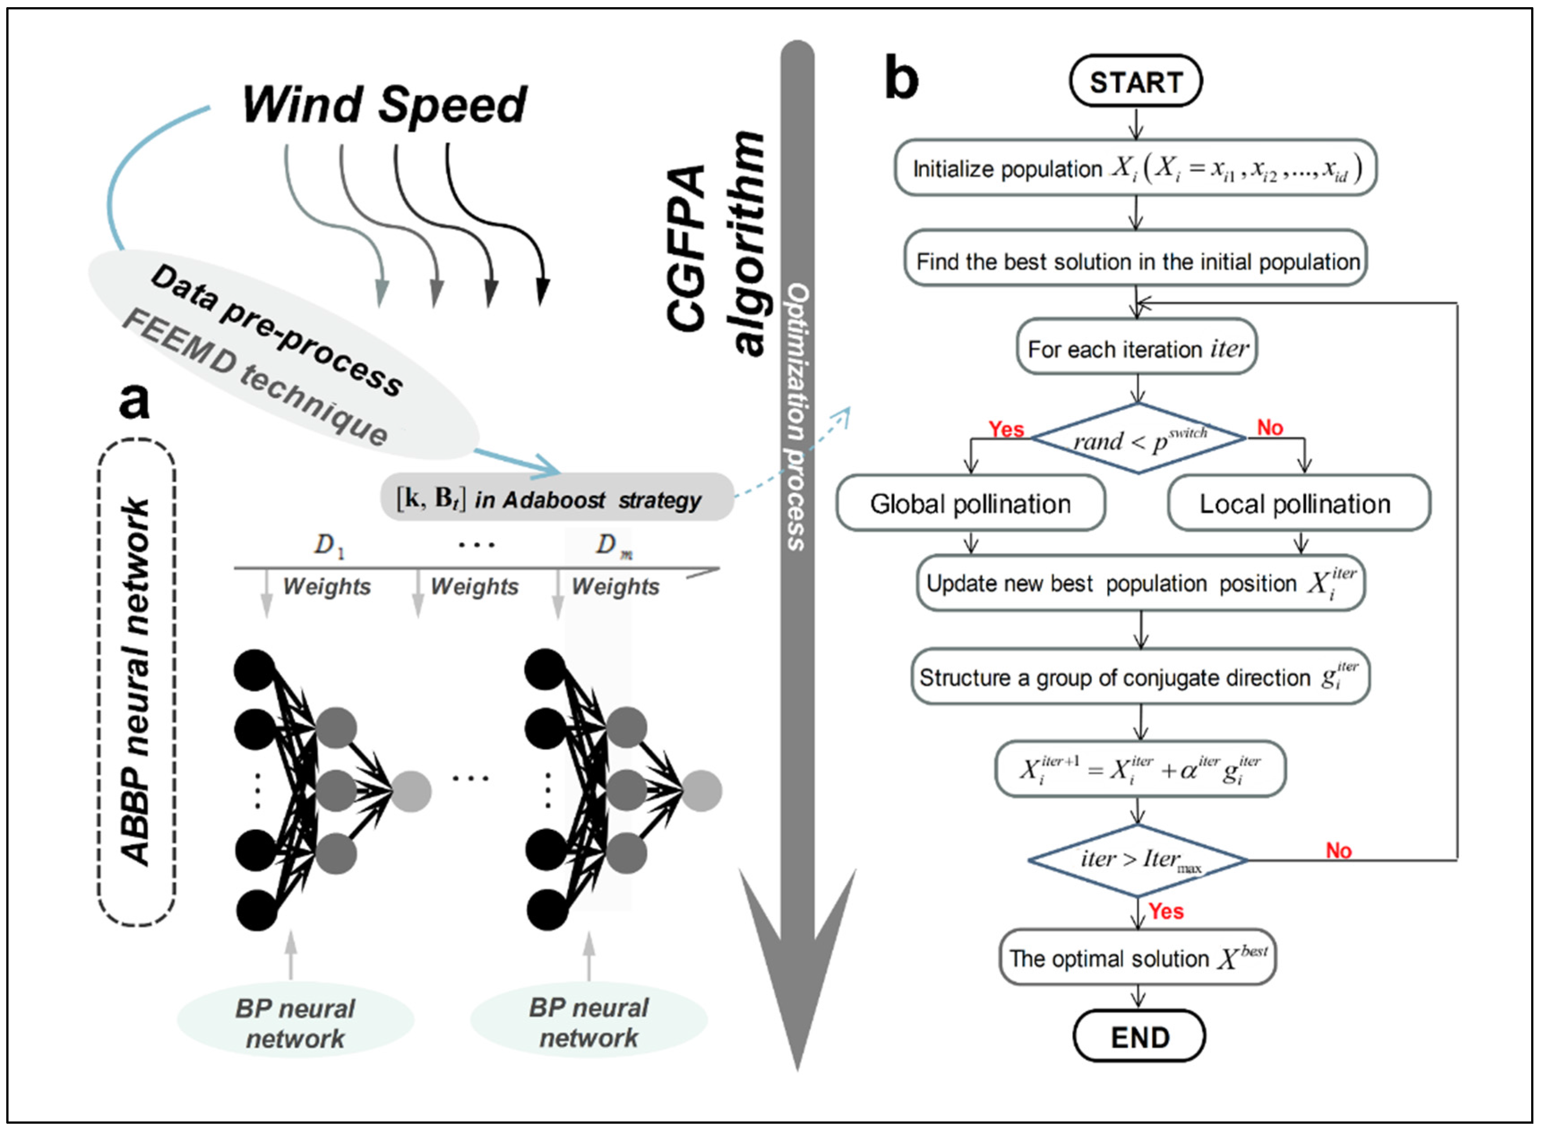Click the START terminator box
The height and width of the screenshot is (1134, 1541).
(x=1135, y=82)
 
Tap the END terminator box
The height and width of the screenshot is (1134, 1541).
(x=1139, y=1036)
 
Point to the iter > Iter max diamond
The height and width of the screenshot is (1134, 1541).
(x=1138, y=859)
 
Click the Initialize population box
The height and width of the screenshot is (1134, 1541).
(x=1135, y=168)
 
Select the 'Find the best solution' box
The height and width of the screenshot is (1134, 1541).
(x=1135, y=261)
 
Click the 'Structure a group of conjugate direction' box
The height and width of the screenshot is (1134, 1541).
(x=1139, y=677)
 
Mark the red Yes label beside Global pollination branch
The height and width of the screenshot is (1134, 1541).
(x=1006, y=429)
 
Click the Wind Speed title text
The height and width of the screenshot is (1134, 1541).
(x=384, y=105)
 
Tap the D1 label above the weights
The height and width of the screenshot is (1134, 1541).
(x=328, y=545)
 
